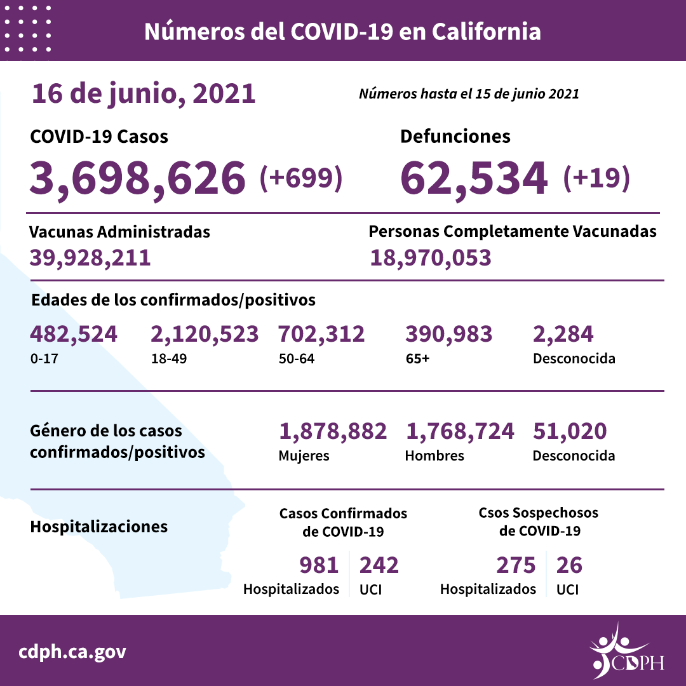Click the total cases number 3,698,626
(x=137, y=177)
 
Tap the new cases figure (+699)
(x=301, y=178)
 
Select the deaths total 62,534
(x=474, y=177)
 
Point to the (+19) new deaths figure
(x=596, y=178)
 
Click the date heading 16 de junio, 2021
(x=143, y=94)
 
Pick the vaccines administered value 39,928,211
(x=90, y=258)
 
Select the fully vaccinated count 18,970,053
(x=430, y=258)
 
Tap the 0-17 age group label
(x=41, y=358)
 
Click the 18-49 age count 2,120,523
(x=205, y=333)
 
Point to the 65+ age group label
(x=417, y=358)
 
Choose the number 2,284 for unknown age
(x=563, y=333)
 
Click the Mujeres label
(x=304, y=456)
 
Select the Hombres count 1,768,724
(x=459, y=431)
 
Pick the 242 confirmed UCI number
(x=379, y=564)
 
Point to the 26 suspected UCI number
(x=568, y=564)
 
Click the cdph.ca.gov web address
(x=72, y=652)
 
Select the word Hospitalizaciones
(x=98, y=527)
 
